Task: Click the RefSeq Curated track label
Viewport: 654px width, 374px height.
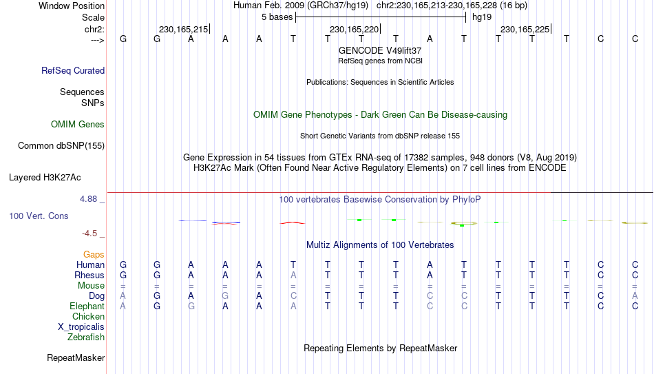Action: [x=73, y=70]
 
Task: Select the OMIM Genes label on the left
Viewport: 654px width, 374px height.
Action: [x=78, y=125]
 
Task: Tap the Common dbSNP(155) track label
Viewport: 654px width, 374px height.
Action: [x=61, y=146]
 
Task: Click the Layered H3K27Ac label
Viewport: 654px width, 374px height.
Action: [x=45, y=178]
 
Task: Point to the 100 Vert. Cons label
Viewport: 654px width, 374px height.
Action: [x=39, y=216]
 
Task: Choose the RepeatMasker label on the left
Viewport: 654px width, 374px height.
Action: [x=76, y=357]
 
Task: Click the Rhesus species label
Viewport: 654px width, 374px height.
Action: [x=89, y=275]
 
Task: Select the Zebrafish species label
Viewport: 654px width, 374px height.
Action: [x=86, y=337]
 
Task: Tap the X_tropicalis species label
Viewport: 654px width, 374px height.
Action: [x=81, y=327]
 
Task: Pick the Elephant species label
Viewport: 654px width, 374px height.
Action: [x=87, y=306]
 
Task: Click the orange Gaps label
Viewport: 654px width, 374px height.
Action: [x=94, y=255]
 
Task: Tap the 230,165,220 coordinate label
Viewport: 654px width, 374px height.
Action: [x=354, y=29]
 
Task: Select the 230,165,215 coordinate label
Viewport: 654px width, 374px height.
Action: [x=184, y=29]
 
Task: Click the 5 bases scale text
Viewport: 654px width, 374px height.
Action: [x=277, y=17]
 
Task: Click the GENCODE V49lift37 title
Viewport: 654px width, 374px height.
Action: [x=380, y=50]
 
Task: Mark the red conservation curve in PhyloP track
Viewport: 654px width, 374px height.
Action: [x=293, y=223]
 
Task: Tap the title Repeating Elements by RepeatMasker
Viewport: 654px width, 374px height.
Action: [x=381, y=348]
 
